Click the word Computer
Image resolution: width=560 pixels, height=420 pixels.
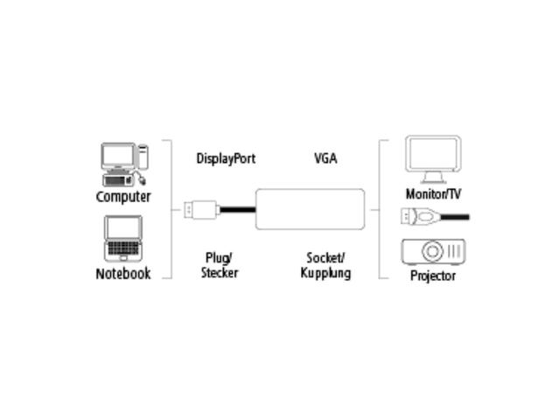[123, 197]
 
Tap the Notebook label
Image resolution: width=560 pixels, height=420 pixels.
[123, 274]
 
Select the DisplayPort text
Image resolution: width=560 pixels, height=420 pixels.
[226, 159]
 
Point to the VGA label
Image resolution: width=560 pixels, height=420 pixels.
[325, 159]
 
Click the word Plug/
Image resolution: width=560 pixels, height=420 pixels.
[219, 258]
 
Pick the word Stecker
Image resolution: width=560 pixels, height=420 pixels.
[220, 272]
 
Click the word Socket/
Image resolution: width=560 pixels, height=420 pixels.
[325, 258]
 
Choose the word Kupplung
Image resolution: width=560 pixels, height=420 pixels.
[325, 272]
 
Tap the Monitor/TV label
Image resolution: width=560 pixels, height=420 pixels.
[433, 193]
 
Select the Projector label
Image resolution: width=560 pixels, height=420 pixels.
[433, 276]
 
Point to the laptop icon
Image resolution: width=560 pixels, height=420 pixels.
[122, 238]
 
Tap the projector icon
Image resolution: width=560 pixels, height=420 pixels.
[433, 252]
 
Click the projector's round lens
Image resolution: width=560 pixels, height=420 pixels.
[433, 252]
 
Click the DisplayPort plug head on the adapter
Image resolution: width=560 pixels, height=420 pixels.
[200, 210]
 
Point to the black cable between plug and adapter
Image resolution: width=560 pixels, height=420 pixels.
[237, 210]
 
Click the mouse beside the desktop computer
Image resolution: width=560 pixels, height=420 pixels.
[140, 179]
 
